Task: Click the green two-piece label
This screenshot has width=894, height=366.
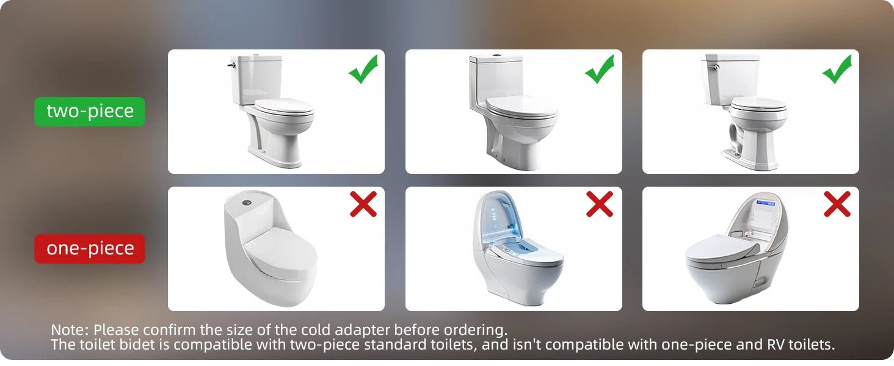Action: (90, 112)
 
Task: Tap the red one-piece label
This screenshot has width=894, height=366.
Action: (90, 249)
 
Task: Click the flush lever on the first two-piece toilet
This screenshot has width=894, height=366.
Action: (231, 64)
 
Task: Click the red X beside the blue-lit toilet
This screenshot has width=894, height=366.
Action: (599, 204)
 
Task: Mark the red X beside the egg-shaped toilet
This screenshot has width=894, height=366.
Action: (363, 204)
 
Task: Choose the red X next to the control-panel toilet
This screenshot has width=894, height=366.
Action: (837, 204)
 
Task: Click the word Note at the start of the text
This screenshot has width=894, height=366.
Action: (69, 330)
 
